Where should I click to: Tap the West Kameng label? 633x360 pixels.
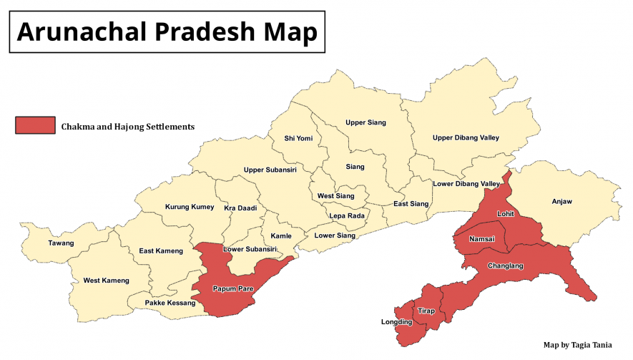pyautogui.click(x=107, y=281)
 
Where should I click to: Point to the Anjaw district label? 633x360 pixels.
pyautogui.click(x=562, y=202)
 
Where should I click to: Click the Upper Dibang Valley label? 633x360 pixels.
pyautogui.click(x=466, y=137)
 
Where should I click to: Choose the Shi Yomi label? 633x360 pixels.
pyautogui.click(x=298, y=138)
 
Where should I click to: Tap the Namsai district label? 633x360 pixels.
pyautogui.click(x=482, y=239)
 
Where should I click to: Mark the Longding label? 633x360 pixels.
pyautogui.click(x=396, y=322)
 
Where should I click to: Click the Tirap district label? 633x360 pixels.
pyautogui.click(x=426, y=311)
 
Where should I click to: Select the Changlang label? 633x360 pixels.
pyautogui.click(x=505, y=266)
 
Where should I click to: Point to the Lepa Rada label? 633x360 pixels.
pyautogui.click(x=347, y=215)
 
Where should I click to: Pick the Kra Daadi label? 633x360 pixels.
pyautogui.click(x=240, y=208)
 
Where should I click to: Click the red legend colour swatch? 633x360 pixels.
pyautogui.click(x=35, y=126)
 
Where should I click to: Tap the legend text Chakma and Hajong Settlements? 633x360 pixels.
pyautogui.click(x=128, y=127)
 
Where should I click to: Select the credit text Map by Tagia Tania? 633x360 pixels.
pyautogui.click(x=578, y=344)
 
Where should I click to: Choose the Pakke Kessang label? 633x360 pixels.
pyautogui.click(x=170, y=303)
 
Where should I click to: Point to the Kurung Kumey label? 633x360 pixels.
pyautogui.click(x=190, y=207)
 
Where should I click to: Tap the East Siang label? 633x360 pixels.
pyautogui.click(x=411, y=204)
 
